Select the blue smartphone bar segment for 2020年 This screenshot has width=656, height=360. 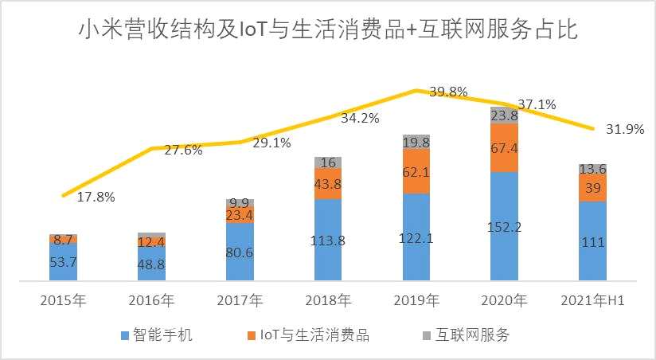(504, 227)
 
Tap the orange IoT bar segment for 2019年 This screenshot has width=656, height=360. (416, 171)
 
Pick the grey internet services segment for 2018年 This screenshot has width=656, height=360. (328, 162)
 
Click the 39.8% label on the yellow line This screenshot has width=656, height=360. (447, 92)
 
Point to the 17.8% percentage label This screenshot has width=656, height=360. (96, 197)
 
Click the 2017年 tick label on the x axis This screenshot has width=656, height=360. (240, 300)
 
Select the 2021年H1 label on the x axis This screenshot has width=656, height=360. (592, 300)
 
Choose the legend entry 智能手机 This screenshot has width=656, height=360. (158, 335)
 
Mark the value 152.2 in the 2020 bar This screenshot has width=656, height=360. (504, 227)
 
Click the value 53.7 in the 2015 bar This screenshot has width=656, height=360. (63, 262)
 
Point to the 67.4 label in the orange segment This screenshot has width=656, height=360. (504, 148)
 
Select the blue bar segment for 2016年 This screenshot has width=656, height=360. (151, 264)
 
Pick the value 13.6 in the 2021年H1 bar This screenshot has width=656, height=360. (592, 169)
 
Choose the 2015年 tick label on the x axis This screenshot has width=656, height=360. (63, 300)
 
